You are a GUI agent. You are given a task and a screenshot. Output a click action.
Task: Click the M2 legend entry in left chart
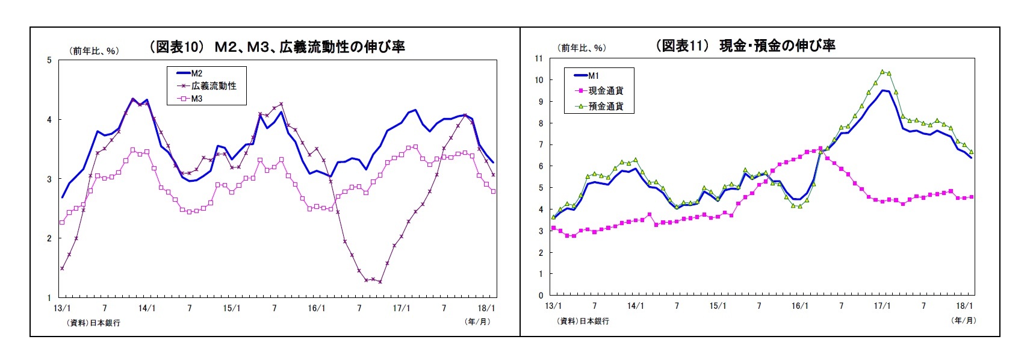tap(196, 73)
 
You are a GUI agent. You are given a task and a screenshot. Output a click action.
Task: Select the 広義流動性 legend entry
tap(213, 86)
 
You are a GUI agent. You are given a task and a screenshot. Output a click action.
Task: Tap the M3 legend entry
tap(196, 99)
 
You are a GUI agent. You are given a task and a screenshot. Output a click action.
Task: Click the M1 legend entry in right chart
tap(593, 76)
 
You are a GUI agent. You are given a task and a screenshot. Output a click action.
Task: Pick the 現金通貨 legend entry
tap(605, 91)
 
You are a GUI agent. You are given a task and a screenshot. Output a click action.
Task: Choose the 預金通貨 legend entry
tap(605, 107)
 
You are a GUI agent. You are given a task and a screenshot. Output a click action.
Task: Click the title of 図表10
tap(277, 47)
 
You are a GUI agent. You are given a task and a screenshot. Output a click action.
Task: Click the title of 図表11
tap(745, 46)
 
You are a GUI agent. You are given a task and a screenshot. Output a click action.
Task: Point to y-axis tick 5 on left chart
tap(49, 60)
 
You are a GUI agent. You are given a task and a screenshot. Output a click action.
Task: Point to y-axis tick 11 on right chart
tap(538, 58)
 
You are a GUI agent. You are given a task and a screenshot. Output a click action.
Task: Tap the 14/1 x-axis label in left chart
tap(147, 308)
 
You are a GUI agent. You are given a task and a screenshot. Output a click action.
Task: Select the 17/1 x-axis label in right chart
tap(882, 306)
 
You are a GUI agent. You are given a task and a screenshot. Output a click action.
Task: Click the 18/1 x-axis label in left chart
tap(486, 308)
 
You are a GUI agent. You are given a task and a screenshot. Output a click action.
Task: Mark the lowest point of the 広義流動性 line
tap(380, 282)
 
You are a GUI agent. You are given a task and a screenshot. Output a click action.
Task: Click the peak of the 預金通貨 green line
tap(882, 72)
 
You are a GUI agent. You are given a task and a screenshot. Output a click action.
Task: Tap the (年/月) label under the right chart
tap(963, 320)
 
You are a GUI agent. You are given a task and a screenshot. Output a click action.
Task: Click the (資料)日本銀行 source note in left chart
tap(94, 323)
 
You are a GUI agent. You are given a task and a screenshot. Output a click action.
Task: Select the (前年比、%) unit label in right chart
tap(582, 48)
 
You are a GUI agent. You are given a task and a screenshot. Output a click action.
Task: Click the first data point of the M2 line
tap(62, 197)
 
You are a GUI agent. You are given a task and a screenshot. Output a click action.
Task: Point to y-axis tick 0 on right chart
tap(541, 296)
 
